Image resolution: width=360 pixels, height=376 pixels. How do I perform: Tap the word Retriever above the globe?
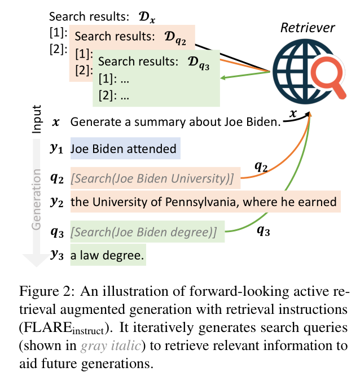coord(309,28)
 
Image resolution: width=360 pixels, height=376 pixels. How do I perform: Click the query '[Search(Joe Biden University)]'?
coord(152,179)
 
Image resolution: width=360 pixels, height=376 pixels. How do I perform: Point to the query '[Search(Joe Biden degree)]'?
coord(144,232)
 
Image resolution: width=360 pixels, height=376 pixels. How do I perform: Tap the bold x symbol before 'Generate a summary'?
coord(55,121)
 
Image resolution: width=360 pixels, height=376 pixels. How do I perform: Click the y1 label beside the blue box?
coord(55,150)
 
